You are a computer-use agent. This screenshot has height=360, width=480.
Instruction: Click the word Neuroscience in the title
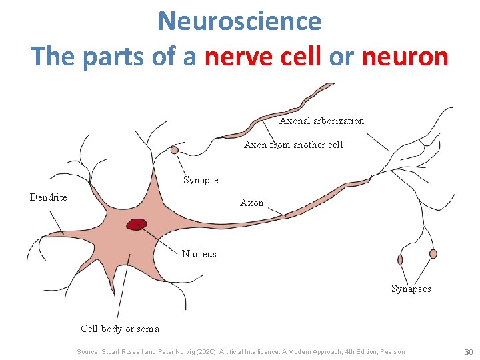point(239,21)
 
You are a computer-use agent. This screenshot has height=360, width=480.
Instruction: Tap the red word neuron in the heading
point(405,57)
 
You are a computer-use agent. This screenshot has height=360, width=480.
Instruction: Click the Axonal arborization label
point(321,121)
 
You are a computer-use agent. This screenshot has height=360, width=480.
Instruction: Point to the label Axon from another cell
point(293,145)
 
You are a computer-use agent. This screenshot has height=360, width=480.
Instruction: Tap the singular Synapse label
point(201,180)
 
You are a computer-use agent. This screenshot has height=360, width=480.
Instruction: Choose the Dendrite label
point(49,197)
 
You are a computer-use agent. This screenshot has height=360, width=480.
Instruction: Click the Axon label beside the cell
point(251,203)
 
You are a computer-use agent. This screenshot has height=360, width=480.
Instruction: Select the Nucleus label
point(199,254)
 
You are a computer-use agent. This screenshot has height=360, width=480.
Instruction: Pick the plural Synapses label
point(411,289)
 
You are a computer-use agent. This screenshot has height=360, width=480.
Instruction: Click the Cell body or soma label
point(120,328)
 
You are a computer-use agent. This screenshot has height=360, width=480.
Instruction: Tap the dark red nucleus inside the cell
point(137,225)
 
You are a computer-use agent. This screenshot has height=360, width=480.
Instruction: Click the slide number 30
point(468,351)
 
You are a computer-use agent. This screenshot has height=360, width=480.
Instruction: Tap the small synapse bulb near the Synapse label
point(175,150)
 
